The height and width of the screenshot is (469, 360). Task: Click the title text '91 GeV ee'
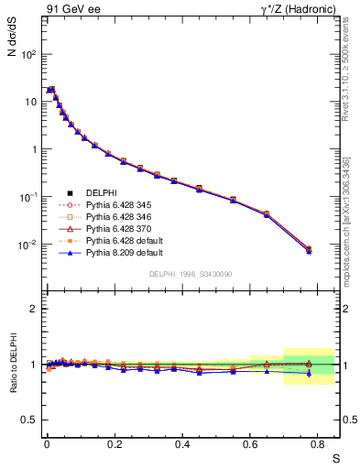[71, 10]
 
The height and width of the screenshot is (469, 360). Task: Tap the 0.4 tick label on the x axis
[182, 442]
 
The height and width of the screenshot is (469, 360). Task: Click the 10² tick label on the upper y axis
[29, 54]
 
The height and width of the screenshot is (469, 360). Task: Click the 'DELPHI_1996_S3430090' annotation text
[191, 274]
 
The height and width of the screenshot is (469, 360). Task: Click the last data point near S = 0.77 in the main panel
[309, 249]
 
